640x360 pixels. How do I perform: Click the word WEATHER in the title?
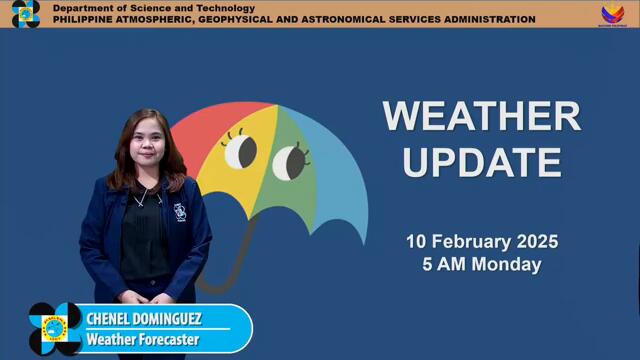coord(481,116)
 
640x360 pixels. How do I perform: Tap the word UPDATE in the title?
coord(481,160)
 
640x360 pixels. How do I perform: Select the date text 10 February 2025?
coord(481,242)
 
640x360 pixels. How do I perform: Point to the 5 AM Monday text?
coord(481,265)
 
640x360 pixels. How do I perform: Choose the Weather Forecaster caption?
coord(143,340)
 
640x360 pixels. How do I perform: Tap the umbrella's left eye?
coord(240,151)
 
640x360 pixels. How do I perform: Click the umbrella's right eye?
coord(289,159)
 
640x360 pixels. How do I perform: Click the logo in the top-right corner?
coord(612,14)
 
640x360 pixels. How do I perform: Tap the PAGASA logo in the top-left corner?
coord(25,14)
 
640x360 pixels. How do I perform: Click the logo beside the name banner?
coord(55,329)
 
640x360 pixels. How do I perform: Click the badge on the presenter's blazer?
coord(179,211)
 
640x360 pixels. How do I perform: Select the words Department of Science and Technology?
coord(153,8)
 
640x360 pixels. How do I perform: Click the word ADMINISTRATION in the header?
coord(486,19)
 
